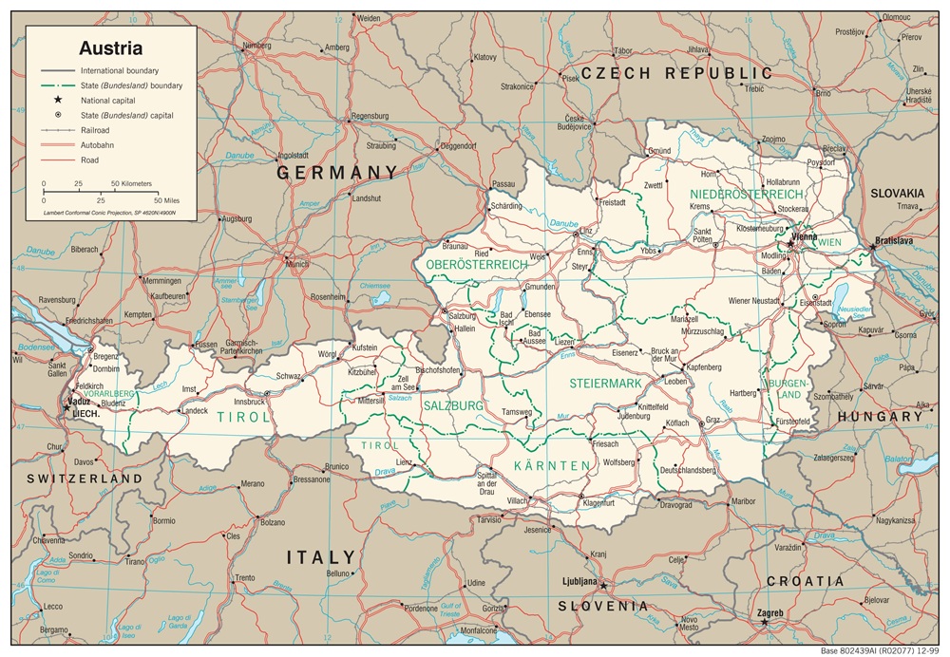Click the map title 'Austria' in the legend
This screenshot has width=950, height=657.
click(x=110, y=47)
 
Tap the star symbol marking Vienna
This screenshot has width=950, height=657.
click(x=789, y=242)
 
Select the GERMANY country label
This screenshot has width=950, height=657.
click(x=336, y=172)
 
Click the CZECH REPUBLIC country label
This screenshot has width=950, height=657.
click(x=676, y=73)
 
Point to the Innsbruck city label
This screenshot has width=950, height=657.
click(x=249, y=402)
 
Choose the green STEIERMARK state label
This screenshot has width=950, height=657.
click(x=605, y=383)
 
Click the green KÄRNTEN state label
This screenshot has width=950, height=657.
click(x=551, y=465)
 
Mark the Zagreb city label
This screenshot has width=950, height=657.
click(x=770, y=612)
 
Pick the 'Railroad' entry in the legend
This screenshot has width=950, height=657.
click(x=96, y=130)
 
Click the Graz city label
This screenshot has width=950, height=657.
click(x=713, y=419)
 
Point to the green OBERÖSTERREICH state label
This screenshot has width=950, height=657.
click(x=476, y=264)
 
